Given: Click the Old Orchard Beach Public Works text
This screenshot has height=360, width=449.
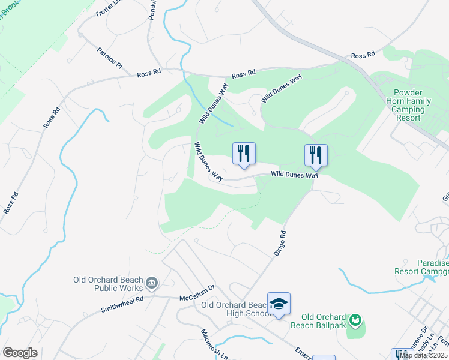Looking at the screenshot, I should coord(108,284).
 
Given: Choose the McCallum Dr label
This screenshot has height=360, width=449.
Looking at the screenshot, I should coord(197,298).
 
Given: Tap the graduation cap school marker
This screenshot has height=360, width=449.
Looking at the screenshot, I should coord(279,304).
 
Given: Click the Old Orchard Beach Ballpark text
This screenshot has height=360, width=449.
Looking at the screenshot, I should coord(324,321).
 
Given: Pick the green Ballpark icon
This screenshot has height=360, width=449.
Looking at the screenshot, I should coord(356,321).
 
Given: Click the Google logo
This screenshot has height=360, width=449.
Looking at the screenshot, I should coord(20,352).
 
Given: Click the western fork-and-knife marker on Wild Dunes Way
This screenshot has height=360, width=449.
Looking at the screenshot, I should coord(244,154).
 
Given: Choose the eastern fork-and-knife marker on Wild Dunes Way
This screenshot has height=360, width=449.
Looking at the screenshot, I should coord(316,155).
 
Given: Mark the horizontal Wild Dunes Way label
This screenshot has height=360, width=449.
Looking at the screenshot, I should coord(294,175).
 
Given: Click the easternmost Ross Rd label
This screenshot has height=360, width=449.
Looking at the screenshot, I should coord(363,55).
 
